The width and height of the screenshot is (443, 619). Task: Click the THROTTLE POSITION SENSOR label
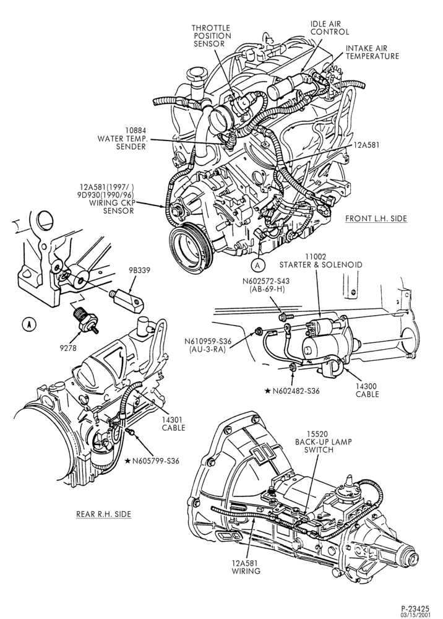click(x=211, y=35)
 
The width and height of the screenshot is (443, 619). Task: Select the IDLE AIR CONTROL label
click(x=329, y=28)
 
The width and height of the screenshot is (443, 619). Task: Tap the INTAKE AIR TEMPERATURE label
click(x=372, y=52)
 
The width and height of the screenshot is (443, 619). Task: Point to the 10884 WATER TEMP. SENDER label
click(x=121, y=138)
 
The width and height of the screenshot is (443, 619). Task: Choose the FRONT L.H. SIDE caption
click(x=376, y=219)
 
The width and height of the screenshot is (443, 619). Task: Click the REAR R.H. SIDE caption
click(x=103, y=514)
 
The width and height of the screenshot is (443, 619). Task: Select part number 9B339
click(x=139, y=271)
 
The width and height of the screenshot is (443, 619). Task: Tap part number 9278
click(x=69, y=348)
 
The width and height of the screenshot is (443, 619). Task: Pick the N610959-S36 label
click(x=208, y=345)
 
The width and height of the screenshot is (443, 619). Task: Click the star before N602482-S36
click(x=267, y=391)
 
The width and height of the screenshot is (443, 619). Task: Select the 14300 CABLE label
click(x=367, y=390)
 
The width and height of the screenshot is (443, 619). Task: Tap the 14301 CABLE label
click(x=174, y=423)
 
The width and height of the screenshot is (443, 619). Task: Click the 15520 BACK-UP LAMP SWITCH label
click(x=324, y=442)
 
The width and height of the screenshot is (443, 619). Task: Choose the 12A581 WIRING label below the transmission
click(x=246, y=567)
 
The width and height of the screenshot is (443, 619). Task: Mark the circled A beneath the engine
click(x=257, y=266)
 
